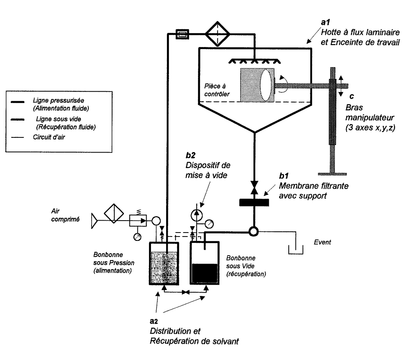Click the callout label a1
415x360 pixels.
(x=325, y=22)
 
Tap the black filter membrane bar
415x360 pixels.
(x=254, y=202)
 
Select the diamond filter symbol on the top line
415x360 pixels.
(x=217, y=34)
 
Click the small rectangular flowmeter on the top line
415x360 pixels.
(x=182, y=34)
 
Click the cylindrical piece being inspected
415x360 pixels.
(x=257, y=85)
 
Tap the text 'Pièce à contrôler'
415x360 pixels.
(x=217, y=90)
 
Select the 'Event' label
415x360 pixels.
(x=322, y=242)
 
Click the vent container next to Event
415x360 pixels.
(x=296, y=250)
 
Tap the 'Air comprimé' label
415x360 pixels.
(x=65, y=215)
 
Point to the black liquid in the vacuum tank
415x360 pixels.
(x=205, y=273)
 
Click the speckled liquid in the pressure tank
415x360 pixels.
(x=164, y=268)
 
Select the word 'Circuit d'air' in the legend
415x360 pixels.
(x=49, y=137)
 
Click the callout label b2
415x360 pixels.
(x=190, y=155)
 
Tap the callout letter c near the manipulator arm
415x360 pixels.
(x=352, y=96)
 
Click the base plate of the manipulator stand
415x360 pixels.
(x=333, y=174)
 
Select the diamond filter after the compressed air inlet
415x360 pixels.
(x=114, y=213)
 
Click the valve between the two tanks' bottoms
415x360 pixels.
(x=186, y=292)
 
